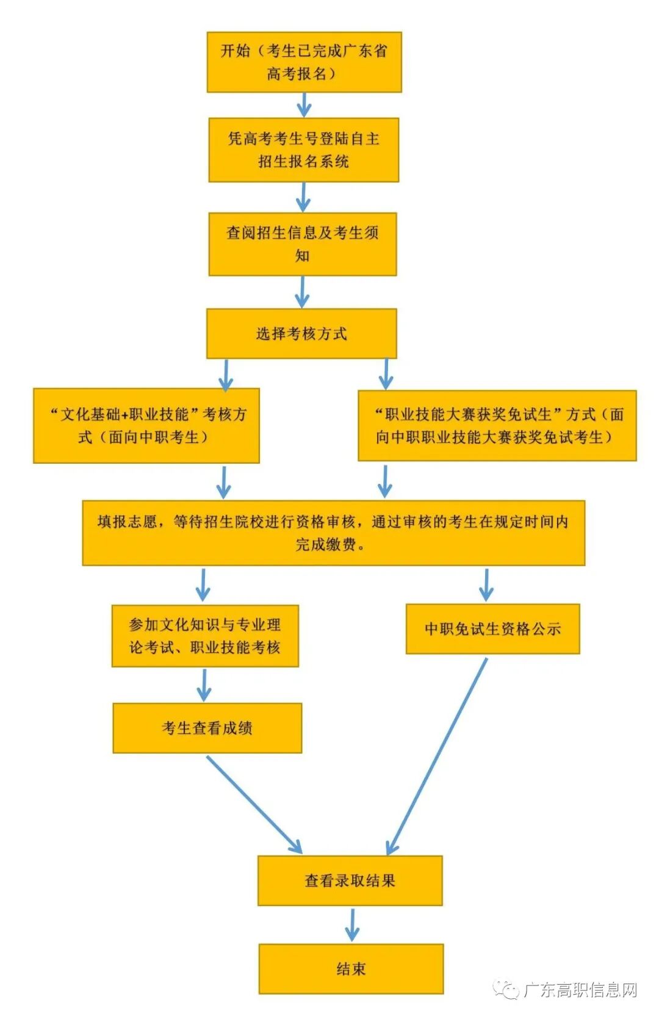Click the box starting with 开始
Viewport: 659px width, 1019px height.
[x=304, y=62]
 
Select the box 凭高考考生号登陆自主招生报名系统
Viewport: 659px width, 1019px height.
[x=303, y=150]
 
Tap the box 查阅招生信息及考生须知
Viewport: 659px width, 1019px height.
[x=303, y=244]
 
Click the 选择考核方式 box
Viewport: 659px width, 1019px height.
[x=301, y=334]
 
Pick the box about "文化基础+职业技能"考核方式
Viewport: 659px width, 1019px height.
[x=146, y=426]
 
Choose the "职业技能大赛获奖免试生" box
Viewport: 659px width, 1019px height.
[x=497, y=426]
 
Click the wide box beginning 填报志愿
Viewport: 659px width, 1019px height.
[x=333, y=533]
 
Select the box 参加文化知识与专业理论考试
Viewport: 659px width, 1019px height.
[x=205, y=636]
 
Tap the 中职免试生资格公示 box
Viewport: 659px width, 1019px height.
[x=492, y=629]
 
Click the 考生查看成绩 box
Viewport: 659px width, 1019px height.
[x=207, y=728]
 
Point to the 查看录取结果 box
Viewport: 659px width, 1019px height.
[x=350, y=880]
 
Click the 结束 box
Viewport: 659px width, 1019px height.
[x=351, y=969]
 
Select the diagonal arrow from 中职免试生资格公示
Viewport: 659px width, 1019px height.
[x=437, y=757]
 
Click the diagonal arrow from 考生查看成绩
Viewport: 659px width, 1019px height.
[x=254, y=804]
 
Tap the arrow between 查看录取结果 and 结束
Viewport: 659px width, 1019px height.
[x=351, y=924]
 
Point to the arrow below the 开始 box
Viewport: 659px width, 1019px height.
[x=304, y=105]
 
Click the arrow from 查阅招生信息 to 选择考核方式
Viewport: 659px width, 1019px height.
[x=302, y=292]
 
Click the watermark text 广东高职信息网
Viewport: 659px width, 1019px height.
[x=580, y=990]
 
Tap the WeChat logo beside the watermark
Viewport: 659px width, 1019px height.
[x=506, y=989]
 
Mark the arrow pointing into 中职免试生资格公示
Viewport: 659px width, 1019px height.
[x=486, y=585]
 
